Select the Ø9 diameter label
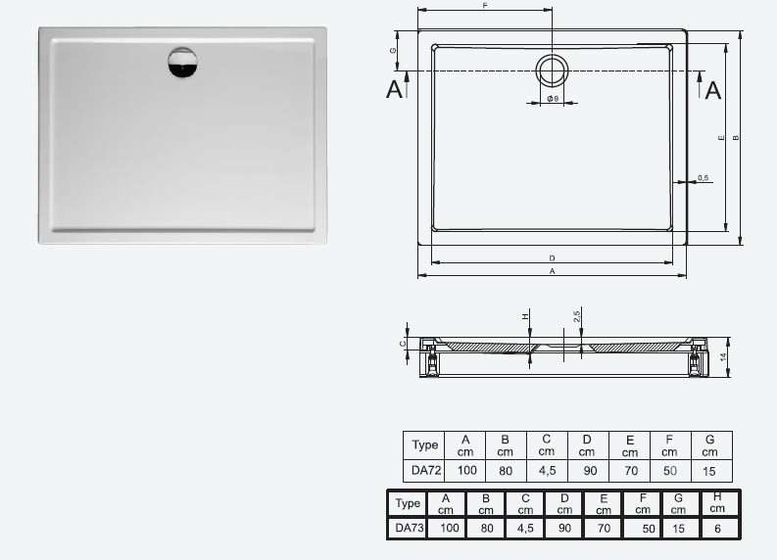(x=553, y=100)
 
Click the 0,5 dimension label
(x=703, y=177)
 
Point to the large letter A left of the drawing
(x=395, y=90)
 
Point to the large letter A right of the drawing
(x=713, y=90)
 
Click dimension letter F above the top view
(x=485, y=6)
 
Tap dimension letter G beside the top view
(x=393, y=50)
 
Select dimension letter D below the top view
(x=552, y=257)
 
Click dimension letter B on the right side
(x=735, y=137)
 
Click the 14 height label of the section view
(x=723, y=358)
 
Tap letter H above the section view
(x=525, y=316)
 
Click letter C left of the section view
(x=403, y=344)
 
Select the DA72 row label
(x=424, y=471)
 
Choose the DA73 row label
(x=409, y=529)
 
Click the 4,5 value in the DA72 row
(x=546, y=471)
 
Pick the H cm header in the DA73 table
(x=718, y=503)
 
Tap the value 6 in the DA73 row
(x=718, y=529)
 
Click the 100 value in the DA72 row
(x=465, y=471)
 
